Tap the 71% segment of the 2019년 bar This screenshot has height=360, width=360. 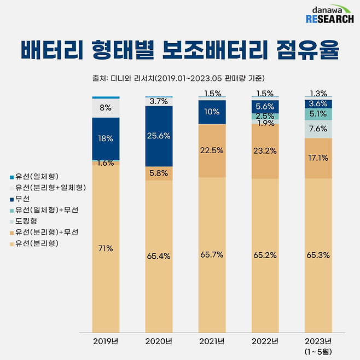[106, 249]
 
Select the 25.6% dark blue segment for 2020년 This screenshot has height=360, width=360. [159, 136]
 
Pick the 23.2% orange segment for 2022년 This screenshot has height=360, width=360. [265, 151]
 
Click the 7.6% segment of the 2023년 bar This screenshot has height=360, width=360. [318, 129]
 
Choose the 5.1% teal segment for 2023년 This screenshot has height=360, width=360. [318, 114]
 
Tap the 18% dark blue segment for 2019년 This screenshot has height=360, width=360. [106, 138]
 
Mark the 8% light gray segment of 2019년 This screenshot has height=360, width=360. [106, 108]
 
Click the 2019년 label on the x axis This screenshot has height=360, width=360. [106, 342]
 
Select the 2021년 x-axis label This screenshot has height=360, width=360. [212, 342]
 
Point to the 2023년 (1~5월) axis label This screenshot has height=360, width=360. [318, 346]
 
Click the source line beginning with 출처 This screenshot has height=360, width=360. [179, 78]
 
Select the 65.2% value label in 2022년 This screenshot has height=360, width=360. [265, 255]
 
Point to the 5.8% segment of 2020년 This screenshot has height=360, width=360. [159, 173]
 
